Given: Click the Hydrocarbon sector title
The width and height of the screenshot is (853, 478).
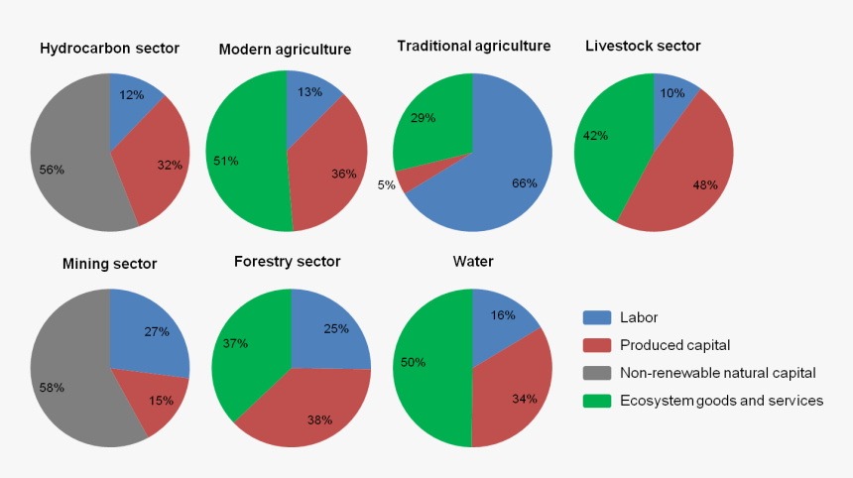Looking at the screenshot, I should tap(109, 48).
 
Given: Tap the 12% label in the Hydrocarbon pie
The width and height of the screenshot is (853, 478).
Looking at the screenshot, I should tap(132, 95).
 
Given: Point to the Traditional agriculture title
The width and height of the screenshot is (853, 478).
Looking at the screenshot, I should tap(473, 46).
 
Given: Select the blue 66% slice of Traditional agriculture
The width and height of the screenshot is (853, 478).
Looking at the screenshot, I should tap(496, 169).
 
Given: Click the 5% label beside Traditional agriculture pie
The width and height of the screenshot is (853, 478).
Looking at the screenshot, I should tap(386, 185).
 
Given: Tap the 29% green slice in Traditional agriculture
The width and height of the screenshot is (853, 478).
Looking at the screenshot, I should tap(431, 124).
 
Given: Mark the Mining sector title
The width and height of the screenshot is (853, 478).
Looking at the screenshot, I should tap(109, 264).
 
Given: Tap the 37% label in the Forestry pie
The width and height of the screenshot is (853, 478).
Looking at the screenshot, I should tap(236, 343).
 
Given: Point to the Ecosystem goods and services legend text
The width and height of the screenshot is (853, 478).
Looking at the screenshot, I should tap(721, 401).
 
